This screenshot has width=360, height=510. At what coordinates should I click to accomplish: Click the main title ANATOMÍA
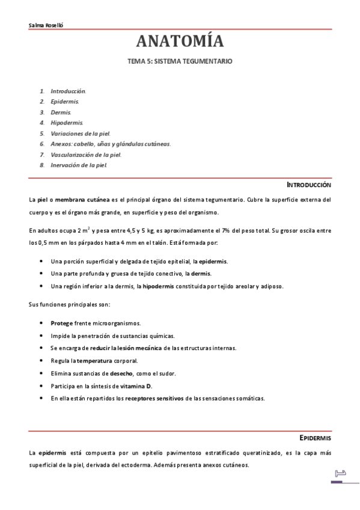[180, 41]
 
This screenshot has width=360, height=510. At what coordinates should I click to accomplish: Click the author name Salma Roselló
[46, 25]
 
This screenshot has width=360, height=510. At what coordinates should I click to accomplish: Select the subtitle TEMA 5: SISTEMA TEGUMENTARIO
[180, 61]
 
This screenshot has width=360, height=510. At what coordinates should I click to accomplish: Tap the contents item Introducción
[68, 91]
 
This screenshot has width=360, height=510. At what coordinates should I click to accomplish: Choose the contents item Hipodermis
[67, 123]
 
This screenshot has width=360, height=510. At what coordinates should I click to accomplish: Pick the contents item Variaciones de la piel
[80, 133]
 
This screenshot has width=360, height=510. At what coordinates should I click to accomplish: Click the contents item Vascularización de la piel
[86, 154]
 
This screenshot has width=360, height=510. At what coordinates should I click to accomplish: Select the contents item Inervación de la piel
[78, 164]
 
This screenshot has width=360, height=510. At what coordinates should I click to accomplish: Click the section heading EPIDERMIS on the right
[315, 437]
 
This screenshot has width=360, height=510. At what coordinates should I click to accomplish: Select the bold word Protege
[62, 323]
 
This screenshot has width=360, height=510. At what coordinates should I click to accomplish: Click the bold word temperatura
[95, 361]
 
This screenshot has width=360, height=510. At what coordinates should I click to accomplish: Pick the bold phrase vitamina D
[136, 386]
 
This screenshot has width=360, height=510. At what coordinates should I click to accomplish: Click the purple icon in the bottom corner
[338, 476]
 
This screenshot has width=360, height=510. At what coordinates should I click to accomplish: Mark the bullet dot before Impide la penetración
[41, 336]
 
